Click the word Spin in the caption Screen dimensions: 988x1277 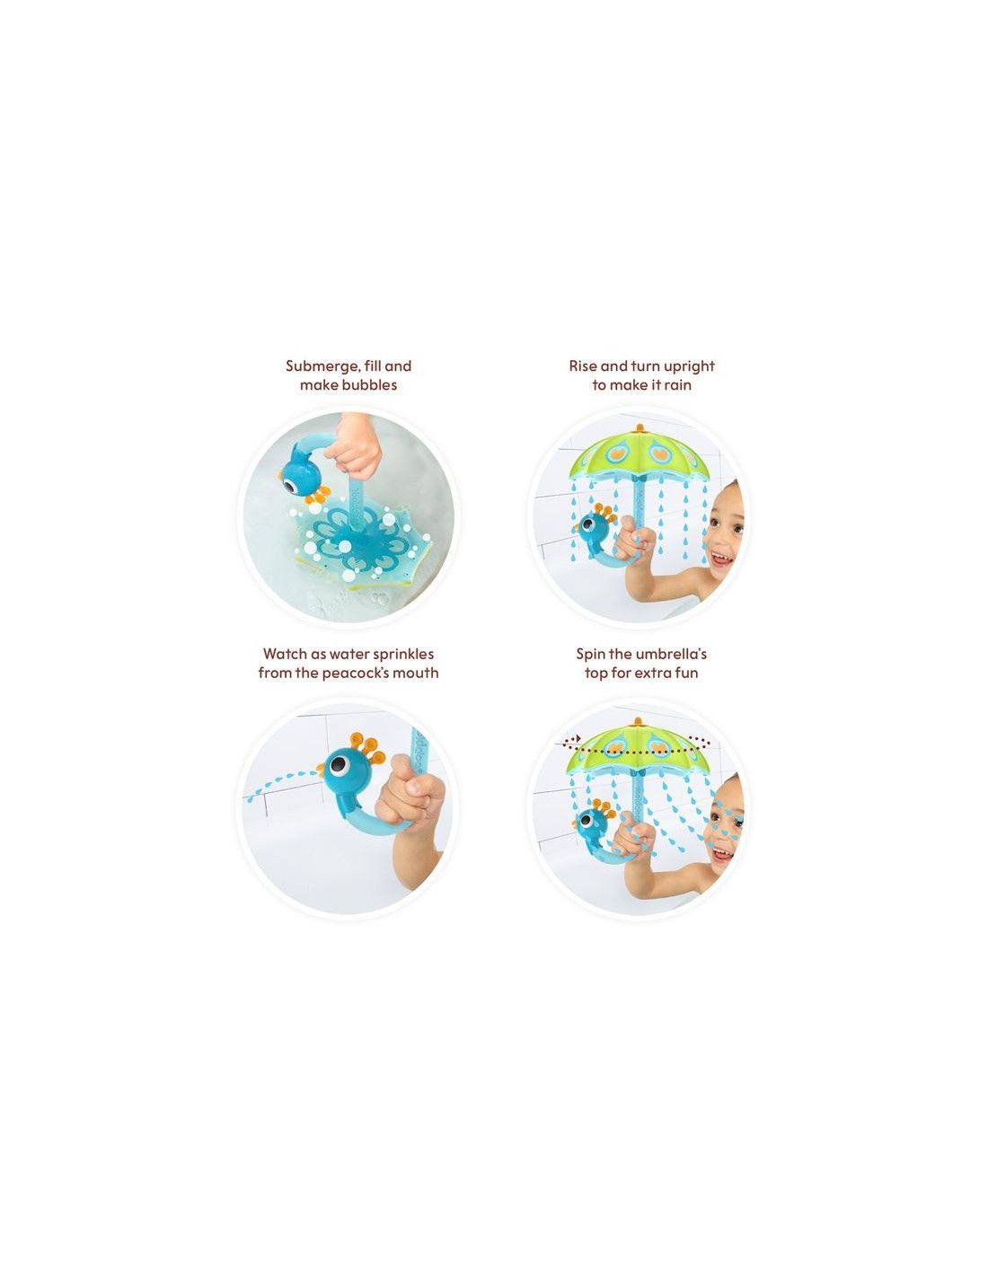click(x=589, y=654)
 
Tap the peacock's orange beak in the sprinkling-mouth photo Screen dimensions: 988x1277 click(x=321, y=767)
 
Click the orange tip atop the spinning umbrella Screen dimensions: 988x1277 click(x=638, y=719)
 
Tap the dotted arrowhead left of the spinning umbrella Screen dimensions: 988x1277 click(x=578, y=738)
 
